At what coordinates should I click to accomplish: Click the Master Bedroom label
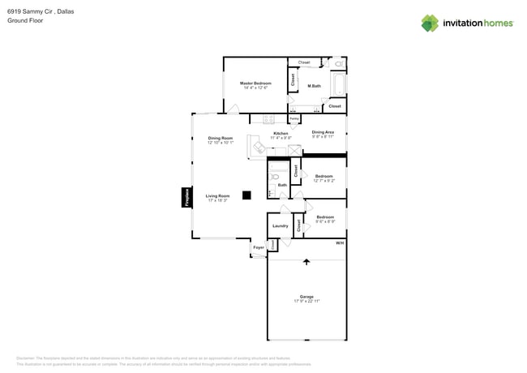[x=255, y=83]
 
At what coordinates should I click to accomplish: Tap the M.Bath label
[x=314, y=86]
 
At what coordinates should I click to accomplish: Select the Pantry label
[x=294, y=119]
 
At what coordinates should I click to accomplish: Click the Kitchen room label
[x=281, y=133]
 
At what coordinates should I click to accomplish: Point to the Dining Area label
[x=323, y=132]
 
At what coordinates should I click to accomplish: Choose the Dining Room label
[x=220, y=138]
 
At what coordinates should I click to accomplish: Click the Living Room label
[x=217, y=195]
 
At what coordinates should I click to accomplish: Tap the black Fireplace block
[x=186, y=198]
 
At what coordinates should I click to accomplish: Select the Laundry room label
[x=280, y=226]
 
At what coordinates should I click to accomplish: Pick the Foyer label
[x=259, y=247]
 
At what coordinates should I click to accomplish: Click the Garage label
[x=306, y=297]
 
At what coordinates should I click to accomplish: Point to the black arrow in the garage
[x=306, y=262]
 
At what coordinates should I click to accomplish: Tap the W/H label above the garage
[x=340, y=242]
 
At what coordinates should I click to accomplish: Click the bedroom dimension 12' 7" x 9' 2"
[x=324, y=181]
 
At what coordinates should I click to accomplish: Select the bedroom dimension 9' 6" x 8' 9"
[x=325, y=221]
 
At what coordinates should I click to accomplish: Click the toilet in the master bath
[x=340, y=62]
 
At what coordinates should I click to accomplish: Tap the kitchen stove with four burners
[x=267, y=119]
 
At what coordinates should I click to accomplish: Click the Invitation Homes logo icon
[x=430, y=23]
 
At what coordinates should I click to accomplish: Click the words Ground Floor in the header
[x=25, y=21]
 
